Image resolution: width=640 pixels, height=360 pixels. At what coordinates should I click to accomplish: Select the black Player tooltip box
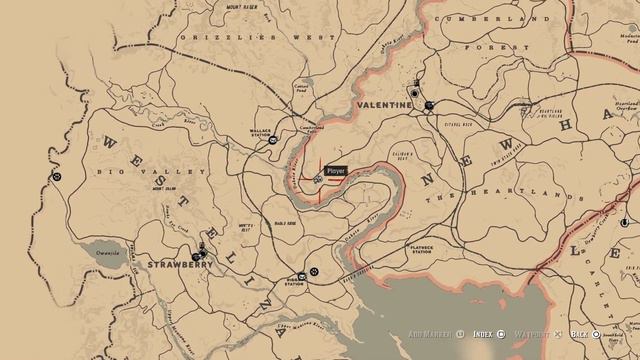coord(336,172)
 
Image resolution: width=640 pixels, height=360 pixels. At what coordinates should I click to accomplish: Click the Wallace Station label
coord(262,132)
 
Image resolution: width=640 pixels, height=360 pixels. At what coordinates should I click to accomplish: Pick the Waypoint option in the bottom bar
coord(531,335)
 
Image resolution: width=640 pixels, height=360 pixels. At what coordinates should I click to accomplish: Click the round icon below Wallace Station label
coord(273,142)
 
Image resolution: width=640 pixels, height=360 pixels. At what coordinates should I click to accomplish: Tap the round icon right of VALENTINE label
coord(429,105)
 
